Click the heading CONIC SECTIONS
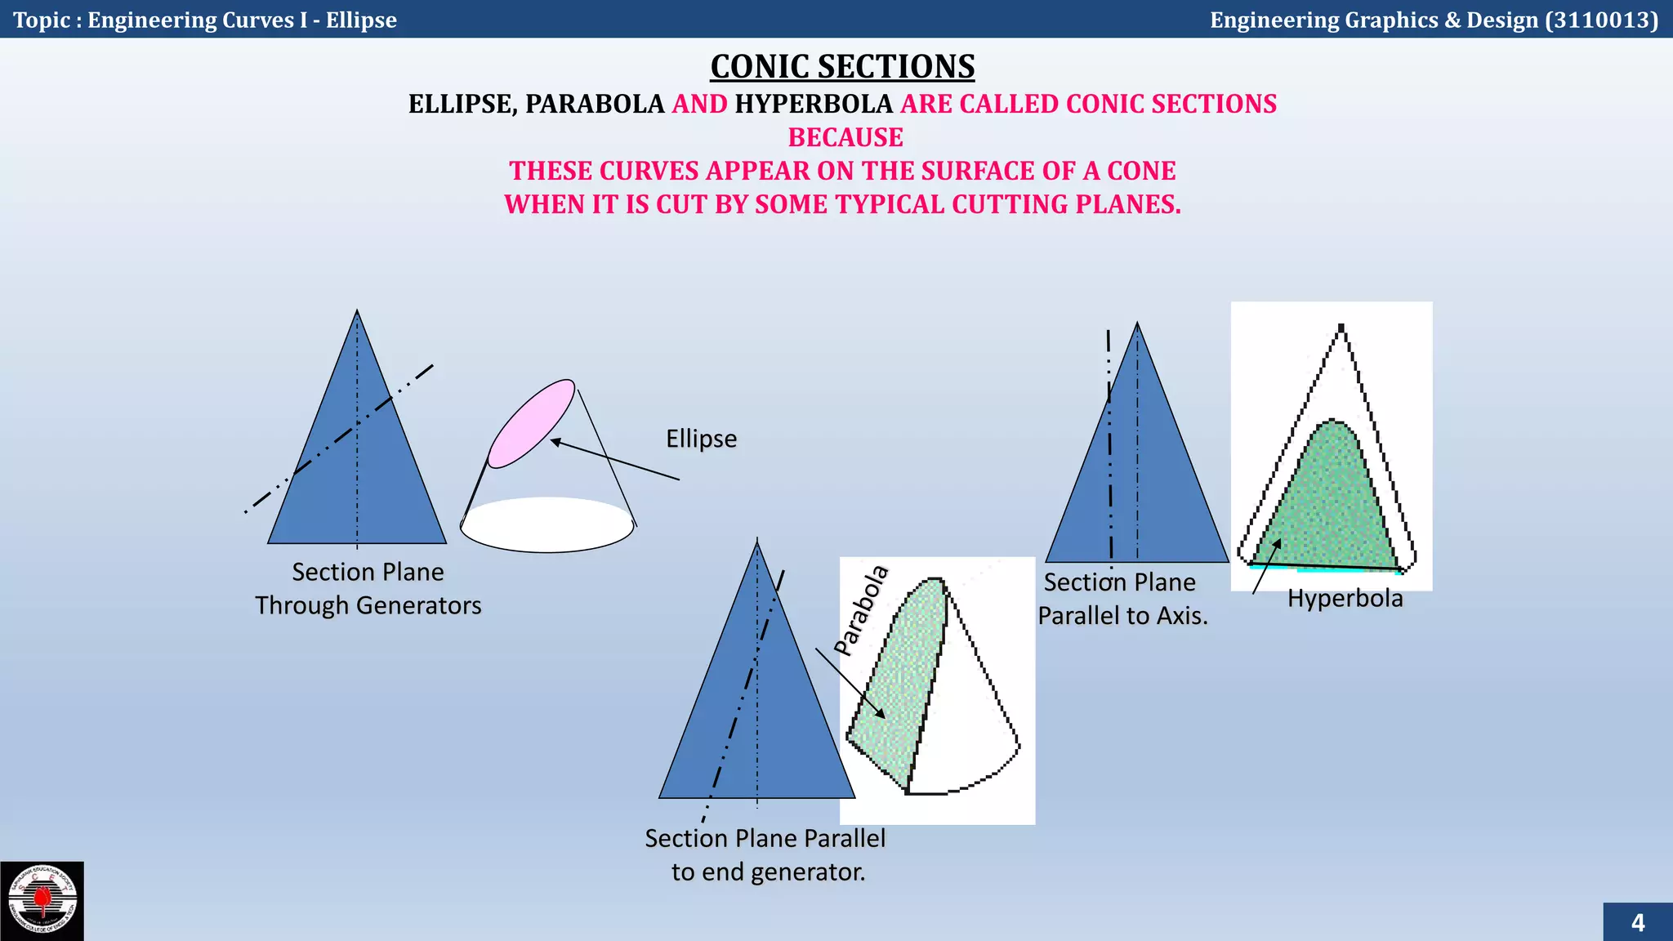(x=842, y=67)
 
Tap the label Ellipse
(x=701, y=439)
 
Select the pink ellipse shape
(x=532, y=423)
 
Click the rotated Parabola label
(x=861, y=609)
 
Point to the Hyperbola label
(x=1345, y=599)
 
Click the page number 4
(x=1637, y=923)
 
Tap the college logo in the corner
(x=42, y=901)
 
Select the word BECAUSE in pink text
(x=845, y=137)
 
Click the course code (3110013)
(x=1601, y=20)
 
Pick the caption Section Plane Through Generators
(x=368, y=589)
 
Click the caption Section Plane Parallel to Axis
(x=1122, y=599)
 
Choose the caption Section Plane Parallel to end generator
(x=765, y=855)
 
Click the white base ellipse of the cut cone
(x=547, y=525)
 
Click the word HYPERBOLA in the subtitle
(x=814, y=104)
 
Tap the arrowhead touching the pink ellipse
(x=555, y=442)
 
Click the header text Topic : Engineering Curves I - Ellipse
(x=205, y=20)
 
